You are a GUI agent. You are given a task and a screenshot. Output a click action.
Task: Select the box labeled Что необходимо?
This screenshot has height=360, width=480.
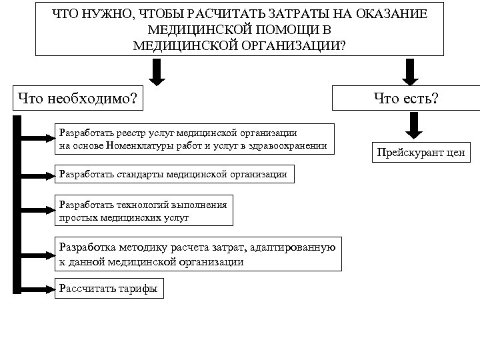pos(78,99)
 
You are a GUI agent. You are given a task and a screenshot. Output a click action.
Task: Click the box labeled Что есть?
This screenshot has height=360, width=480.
pos(406,99)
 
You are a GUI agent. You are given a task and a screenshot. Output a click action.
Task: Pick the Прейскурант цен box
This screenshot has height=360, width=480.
pos(420,153)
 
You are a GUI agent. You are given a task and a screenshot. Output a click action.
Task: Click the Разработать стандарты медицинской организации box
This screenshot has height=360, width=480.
pos(173,174)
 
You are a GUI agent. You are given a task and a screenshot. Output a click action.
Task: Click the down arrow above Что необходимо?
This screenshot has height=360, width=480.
pos(157,72)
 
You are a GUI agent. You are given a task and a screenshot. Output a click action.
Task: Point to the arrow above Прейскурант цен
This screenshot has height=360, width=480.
pos(415,125)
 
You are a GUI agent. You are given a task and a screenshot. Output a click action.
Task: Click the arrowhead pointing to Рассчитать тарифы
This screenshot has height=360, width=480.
pos(51,289)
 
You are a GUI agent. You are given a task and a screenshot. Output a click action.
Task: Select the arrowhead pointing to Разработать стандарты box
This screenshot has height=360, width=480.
pos(51,175)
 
